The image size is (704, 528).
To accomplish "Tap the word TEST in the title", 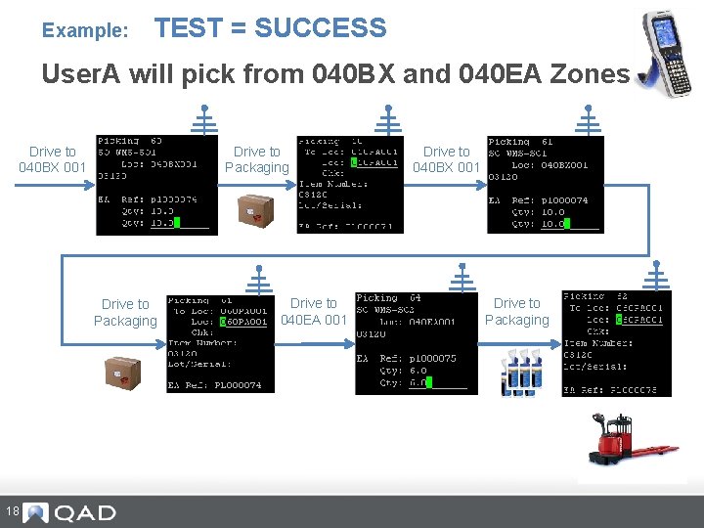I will (x=189, y=28).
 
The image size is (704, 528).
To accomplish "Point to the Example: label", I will (x=85, y=31).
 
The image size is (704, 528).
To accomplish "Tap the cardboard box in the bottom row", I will (x=123, y=372).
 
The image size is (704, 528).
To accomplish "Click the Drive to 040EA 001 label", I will (x=314, y=311).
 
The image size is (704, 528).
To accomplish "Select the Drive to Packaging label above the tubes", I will (x=516, y=311).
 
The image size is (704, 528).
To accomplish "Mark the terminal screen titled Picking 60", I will (x=156, y=185).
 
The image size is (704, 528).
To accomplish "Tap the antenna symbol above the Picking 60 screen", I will (x=204, y=120).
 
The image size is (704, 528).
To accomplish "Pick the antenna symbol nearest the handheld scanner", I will (x=589, y=120).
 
